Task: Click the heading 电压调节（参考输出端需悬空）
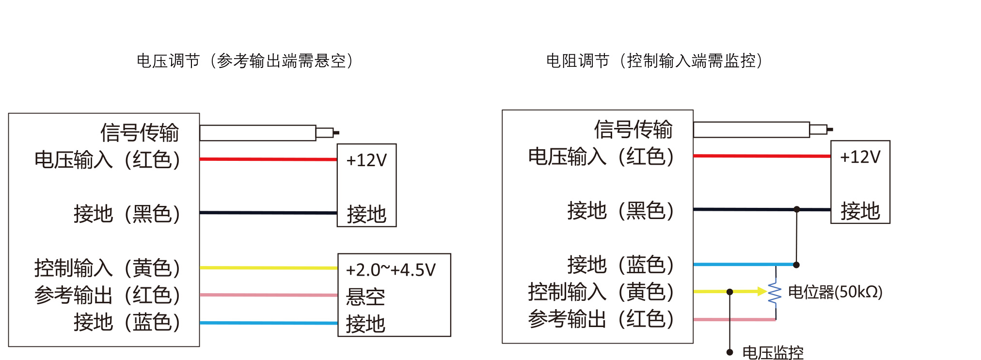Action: (x=245, y=61)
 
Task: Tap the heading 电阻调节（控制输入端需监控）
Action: (x=654, y=61)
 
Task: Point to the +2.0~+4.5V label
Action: (x=391, y=270)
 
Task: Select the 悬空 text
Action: (x=365, y=297)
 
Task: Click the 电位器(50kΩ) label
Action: (x=835, y=292)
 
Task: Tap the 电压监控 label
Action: (x=773, y=352)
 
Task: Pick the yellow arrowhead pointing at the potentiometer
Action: (x=762, y=291)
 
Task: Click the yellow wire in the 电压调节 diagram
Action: (x=269, y=267)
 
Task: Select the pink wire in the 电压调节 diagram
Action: (x=269, y=295)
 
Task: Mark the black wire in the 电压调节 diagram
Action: (x=269, y=213)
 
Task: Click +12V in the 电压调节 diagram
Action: (x=366, y=160)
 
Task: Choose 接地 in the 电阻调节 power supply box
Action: (x=860, y=211)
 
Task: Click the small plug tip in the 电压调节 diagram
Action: (x=336, y=132)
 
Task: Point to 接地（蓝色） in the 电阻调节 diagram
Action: (x=621, y=265)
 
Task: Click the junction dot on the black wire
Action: (x=797, y=209)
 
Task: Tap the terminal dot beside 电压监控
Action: (x=729, y=352)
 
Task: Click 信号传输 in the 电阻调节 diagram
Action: (x=633, y=129)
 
